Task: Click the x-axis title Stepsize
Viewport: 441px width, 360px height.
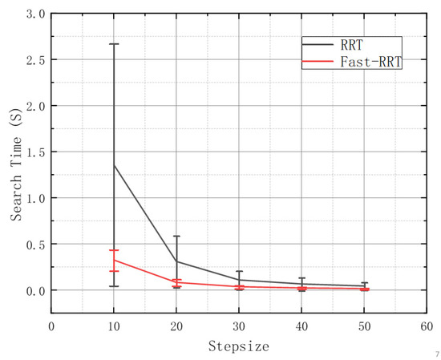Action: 238,346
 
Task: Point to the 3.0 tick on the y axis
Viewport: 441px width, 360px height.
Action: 34,14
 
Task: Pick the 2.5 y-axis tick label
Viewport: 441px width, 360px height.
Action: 34,60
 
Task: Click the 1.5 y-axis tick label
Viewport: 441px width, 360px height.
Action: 34,152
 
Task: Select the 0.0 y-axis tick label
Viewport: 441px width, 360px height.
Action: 34,289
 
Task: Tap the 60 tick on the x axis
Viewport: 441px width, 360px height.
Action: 427,326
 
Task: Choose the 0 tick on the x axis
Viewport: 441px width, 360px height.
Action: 51,326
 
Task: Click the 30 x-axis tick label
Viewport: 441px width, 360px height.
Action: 239,326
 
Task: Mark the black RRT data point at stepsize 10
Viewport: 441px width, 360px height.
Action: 114,165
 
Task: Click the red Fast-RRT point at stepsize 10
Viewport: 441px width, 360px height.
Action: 114,260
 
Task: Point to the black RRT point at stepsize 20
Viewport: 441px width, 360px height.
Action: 176,261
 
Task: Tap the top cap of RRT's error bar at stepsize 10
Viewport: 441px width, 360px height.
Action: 114,44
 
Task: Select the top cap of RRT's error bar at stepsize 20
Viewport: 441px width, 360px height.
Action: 176,236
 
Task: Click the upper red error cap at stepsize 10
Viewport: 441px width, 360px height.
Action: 114,250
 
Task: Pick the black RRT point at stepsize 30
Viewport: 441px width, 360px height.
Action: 239,280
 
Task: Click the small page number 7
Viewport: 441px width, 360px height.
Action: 436,354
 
